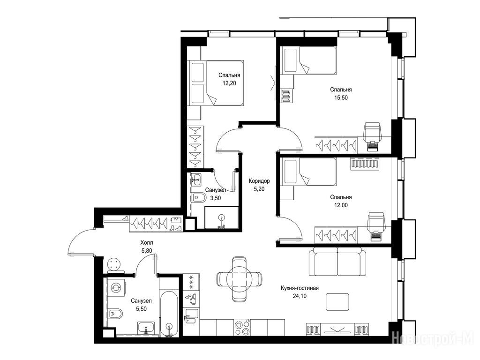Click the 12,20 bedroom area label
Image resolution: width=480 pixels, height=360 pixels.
coord(229,83)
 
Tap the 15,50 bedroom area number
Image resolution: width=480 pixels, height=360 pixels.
coord(341,98)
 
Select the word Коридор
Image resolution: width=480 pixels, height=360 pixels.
coord(259,181)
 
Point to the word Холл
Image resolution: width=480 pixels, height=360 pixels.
coord(147,243)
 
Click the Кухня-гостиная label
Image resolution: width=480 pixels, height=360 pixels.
coord(300,288)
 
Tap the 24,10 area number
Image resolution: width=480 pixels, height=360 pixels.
coord(300,296)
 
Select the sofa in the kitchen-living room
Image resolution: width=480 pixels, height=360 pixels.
coord(337,262)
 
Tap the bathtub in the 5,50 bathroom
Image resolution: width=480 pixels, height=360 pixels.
coord(169,313)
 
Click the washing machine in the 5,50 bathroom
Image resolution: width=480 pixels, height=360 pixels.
coord(116,288)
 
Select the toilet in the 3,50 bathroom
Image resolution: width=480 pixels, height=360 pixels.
coord(199,198)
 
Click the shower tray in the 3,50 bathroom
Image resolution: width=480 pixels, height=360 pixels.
coord(221,217)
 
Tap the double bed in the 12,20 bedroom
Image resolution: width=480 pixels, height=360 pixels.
coord(217,83)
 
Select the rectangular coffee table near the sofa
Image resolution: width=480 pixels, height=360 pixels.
coord(337,302)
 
